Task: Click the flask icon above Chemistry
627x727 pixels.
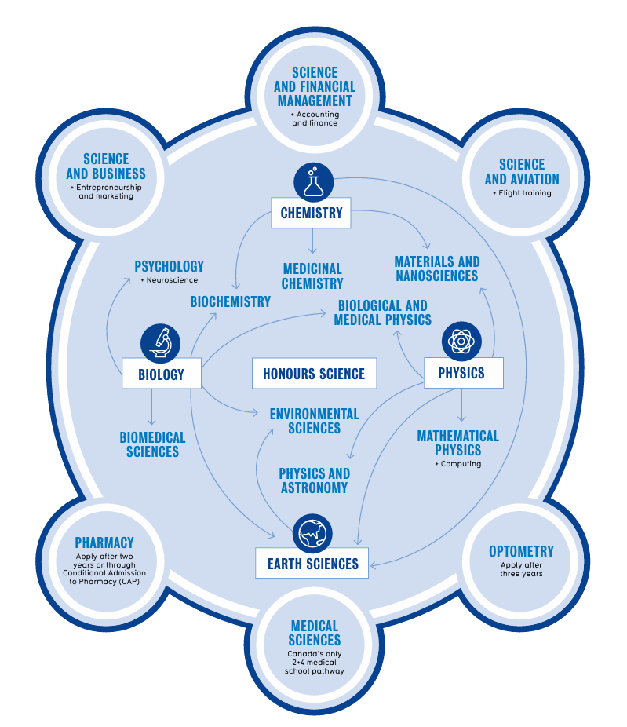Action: (x=312, y=181)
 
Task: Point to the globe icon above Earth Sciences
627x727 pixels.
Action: (x=312, y=534)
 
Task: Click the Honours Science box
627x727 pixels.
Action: (x=314, y=374)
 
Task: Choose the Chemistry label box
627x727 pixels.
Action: (x=312, y=213)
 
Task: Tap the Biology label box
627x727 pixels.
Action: (x=162, y=374)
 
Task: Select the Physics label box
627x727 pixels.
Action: (x=461, y=373)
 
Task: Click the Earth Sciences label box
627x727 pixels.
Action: (x=312, y=563)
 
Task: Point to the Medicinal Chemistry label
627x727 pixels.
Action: (x=312, y=276)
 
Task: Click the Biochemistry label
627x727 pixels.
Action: (x=230, y=301)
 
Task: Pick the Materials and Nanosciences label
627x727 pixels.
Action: (x=436, y=269)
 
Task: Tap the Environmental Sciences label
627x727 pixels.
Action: (x=314, y=421)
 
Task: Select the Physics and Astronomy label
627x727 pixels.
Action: (x=314, y=480)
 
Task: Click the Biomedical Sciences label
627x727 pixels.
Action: (x=152, y=444)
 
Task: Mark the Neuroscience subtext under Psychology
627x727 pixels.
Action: (x=170, y=280)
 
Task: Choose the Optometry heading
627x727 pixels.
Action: (x=521, y=551)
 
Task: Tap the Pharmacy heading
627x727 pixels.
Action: (x=104, y=543)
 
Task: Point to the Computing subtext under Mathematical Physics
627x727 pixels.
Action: (x=457, y=464)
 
